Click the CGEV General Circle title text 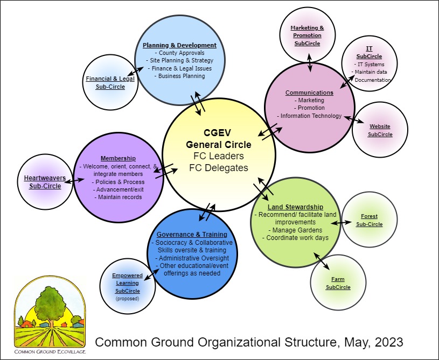pos(219,138)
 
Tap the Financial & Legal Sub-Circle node pos(110,82)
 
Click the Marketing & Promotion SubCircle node pos(307,35)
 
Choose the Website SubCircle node pos(380,130)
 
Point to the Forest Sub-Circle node pos(369,220)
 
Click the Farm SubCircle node pos(338,283)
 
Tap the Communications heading pos(309,93)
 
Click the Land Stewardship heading pos(295,207)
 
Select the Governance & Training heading pos(192,235)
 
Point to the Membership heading pos(117,158)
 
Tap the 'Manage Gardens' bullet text pos(295,230)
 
